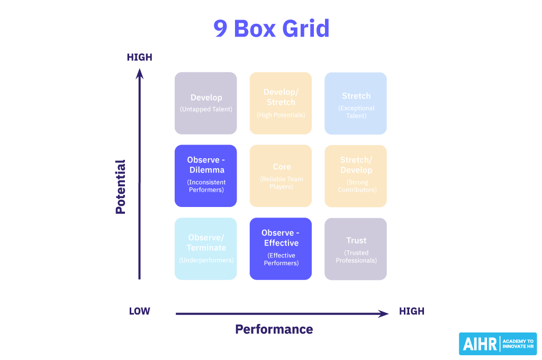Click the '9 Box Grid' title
point(271,28)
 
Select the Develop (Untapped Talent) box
point(206,103)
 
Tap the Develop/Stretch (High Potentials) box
point(281,103)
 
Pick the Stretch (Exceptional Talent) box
point(356,103)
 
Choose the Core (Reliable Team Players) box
point(281,175)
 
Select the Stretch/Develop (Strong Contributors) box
point(356,175)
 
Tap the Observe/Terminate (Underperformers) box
point(206,248)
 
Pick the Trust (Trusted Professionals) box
point(356,248)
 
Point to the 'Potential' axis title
point(121,186)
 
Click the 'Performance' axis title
point(274,329)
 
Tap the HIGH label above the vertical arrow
point(139,57)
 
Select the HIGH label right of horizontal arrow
point(412,311)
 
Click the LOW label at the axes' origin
point(139,311)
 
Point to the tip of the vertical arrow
point(140,71)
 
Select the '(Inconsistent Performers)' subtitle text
point(206,186)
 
